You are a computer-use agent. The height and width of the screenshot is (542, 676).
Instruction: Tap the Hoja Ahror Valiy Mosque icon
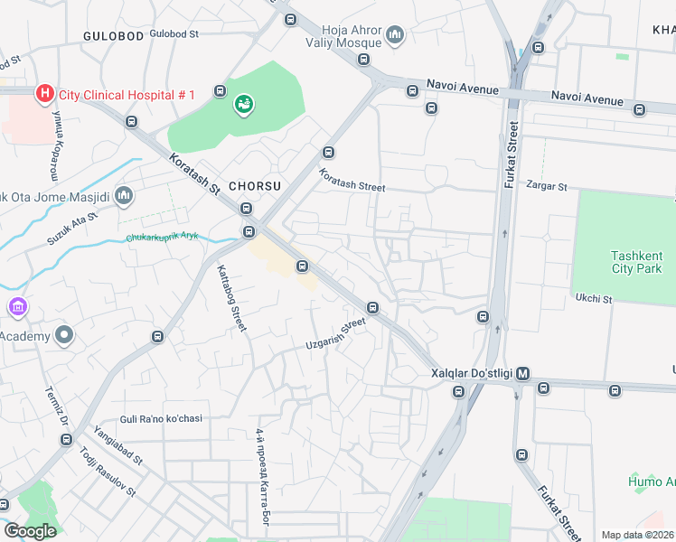(x=394, y=36)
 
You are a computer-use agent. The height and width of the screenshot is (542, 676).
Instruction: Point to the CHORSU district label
(x=255, y=185)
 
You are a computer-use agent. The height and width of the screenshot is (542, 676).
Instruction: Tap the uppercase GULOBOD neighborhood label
(x=113, y=35)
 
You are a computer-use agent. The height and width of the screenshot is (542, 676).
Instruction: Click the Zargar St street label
(x=548, y=187)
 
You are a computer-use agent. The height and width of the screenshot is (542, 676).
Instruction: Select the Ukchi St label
(x=594, y=298)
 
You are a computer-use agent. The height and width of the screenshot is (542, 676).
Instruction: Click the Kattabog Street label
(x=231, y=297)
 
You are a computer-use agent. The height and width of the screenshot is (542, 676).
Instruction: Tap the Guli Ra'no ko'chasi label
(x=161, y=419)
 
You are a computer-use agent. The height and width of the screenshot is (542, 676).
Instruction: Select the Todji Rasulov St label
(x=107, y=472)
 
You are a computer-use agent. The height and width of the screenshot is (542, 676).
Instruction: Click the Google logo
(x=31, y=531)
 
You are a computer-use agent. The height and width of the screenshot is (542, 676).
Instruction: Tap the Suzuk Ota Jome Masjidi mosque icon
(x=124, y=195)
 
